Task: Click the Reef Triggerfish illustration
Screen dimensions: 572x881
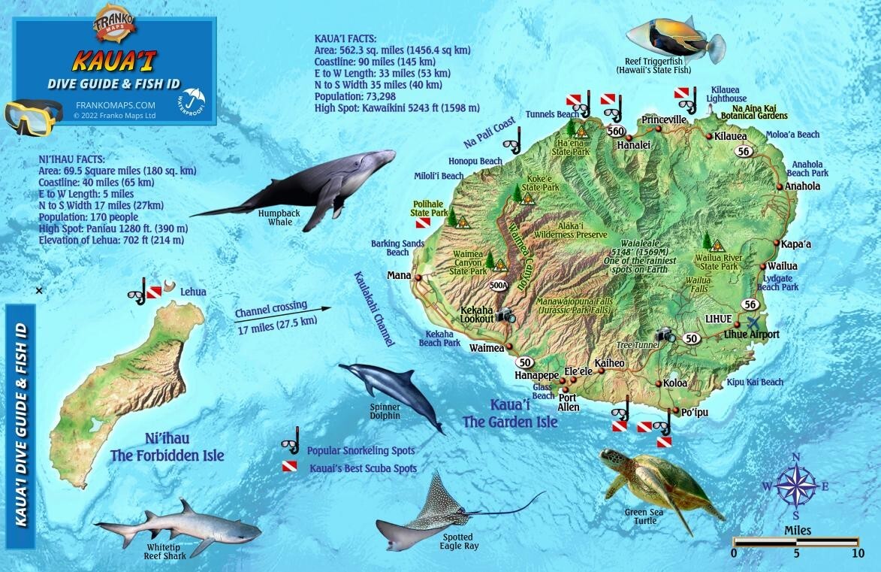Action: tap(674, 37)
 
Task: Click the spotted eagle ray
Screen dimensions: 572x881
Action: tap(443, 511)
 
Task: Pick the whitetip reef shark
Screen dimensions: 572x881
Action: tap(180, 527)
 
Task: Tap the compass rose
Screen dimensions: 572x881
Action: tap(796, 486)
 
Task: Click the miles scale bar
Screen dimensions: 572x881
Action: tap(796, 541)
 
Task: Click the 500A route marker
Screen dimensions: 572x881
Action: tap(498, 285)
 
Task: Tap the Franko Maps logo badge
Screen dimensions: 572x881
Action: tap(114, 23)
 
